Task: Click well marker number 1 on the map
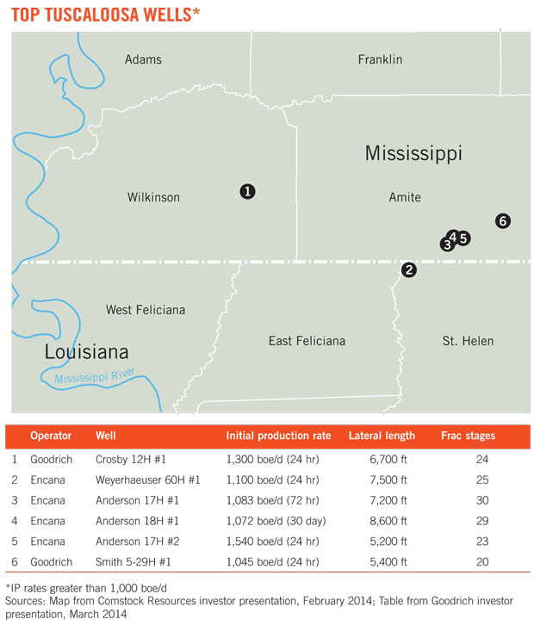point(247,191)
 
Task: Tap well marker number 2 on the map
point(409,269)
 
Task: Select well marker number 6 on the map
point(504,221)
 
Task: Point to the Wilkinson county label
point(153,197)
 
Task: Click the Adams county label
point(143,59)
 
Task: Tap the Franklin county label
point(380,59)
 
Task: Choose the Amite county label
point(405,197)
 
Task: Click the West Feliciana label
point(145,309)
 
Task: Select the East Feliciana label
point(307,341)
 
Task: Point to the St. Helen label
point(468,341)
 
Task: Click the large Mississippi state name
point(413,153)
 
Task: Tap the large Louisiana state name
point(87,351)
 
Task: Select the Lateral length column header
point(382,436)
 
